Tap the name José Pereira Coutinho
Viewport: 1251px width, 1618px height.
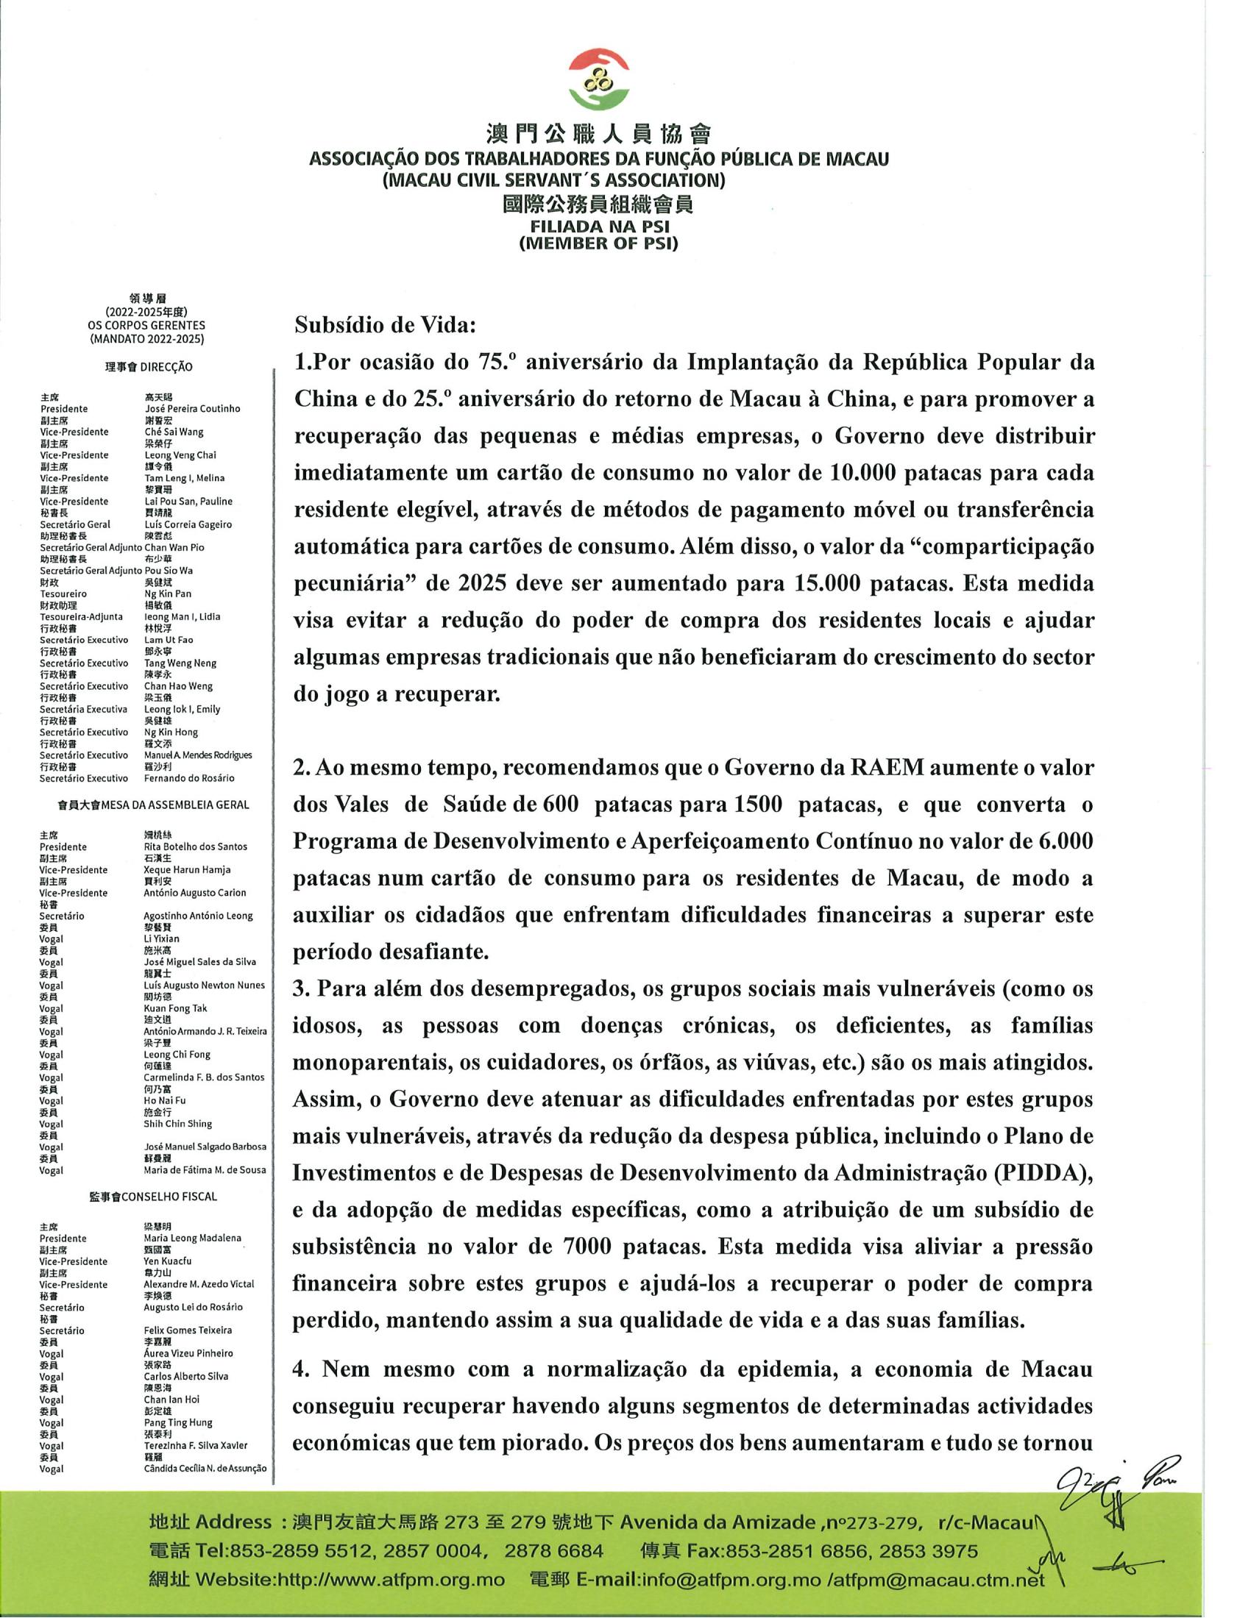192,409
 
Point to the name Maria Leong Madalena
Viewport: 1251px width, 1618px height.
192,1238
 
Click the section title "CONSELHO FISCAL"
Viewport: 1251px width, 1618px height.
181,1197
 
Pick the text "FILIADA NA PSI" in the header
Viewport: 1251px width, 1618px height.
598,227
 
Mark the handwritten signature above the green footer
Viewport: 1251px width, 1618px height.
1112,1489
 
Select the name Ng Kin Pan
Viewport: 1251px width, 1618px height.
168,594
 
